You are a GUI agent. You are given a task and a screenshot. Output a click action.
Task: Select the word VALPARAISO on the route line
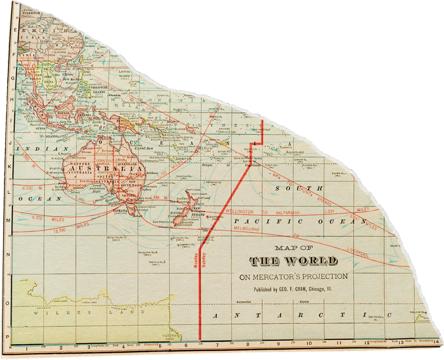(x=293, y=212)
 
